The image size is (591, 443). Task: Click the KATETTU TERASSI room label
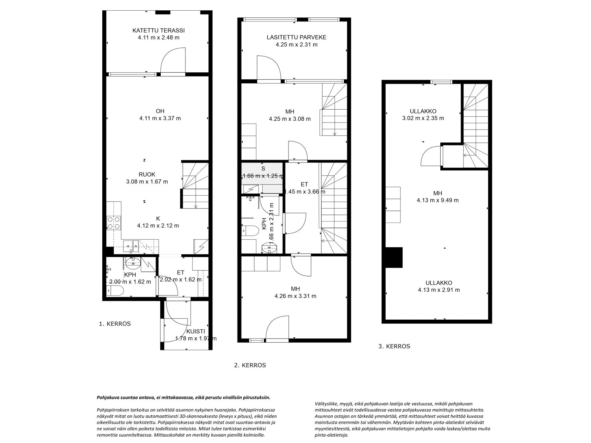[x=158, y=30]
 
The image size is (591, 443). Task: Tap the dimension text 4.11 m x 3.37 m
[x=160, y=118]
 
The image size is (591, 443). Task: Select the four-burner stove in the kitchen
[x=114, y=223]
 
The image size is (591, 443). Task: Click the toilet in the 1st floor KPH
[x=115, y=291]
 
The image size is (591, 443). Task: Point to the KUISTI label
[x=196, y=332]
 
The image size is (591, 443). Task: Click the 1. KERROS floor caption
[x=115, y=324]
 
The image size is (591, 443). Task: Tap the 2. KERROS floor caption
[x=250, y=365]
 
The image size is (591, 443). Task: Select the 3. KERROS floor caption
[x=394, y=346]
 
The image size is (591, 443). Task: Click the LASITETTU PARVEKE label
[x=297, y=37]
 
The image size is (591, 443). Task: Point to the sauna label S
[x=263, y=169]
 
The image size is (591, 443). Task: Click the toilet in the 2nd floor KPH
[x=250, y=230]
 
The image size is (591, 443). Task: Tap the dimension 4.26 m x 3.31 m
[x=295, y=296]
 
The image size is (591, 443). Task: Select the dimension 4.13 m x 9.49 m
[x=438, y=200]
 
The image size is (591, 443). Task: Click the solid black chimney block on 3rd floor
[x=394, y=257]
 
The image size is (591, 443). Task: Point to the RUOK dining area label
[x=147, y=174]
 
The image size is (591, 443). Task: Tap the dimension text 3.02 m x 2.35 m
[x=423, y=118]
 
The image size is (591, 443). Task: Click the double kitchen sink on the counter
[x=131, y=246]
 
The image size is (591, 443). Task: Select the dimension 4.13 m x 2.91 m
[x=438, y=290]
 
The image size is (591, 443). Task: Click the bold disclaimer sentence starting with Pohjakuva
[x=183, y=397]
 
